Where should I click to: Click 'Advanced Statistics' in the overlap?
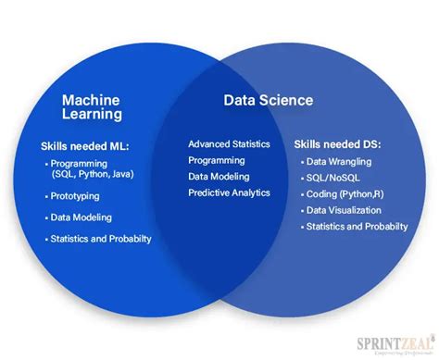pyautogui.click(x=229, y=143)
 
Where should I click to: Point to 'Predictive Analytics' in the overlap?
pyautogui.click(x=229, y=192)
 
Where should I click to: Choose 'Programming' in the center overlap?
pyautogui.click(x=217, y=159)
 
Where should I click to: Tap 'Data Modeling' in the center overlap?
pyautogui.click(x=220, y=176)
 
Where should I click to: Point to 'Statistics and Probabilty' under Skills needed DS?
pyautogui.click(x=357, y=227)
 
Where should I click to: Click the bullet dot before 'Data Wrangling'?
pyautogui.click(x=303, y=161)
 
